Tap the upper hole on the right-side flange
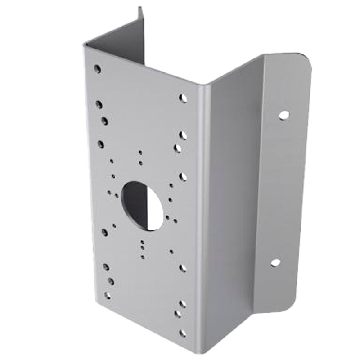pyautogui.click(x=283, y=115)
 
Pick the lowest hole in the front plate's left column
pyautogui.click(x=107, y=296)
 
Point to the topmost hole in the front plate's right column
pyautogui.click(x=182, y=98)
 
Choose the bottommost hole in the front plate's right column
pyautogui.click(x=182, y=333)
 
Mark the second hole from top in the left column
pyautogui.click(x=99, y=104)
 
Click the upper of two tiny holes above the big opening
pyautogui.click(x=141, y=153)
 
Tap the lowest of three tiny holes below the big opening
pyautogui.click(x=143, y=257)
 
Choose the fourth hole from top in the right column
pyautogui.click(x=183, y=176)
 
